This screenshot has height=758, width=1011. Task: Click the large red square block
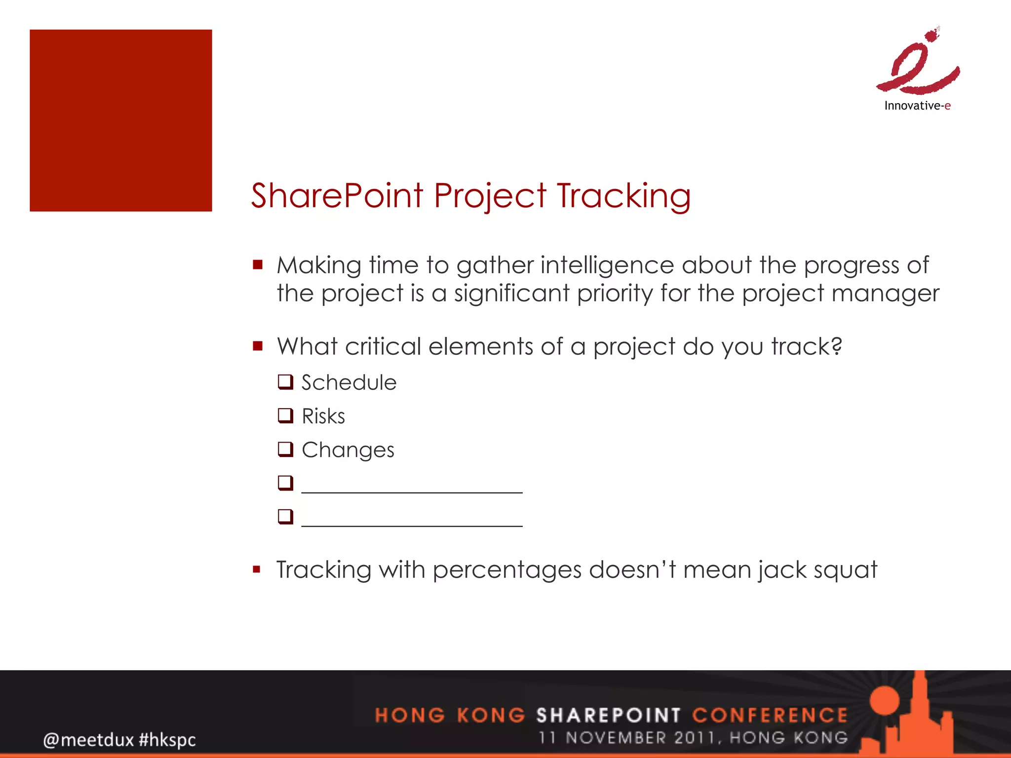(x=120, y=120)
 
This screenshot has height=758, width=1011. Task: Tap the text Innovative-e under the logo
(x=917, y=106)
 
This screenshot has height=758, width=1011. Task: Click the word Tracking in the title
(x=623, y=196)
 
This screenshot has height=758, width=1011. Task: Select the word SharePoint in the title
(x=337, y=196)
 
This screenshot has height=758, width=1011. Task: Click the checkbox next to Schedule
(x=285, y=382)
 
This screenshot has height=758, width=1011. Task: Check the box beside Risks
(x=285, y=416)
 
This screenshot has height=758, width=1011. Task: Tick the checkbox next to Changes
(x=285, y=449)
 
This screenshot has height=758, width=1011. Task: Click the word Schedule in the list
(x=349, y=382)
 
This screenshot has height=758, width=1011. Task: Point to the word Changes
(x=348, y=450)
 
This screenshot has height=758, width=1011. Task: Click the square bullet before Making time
(x=257, y=265)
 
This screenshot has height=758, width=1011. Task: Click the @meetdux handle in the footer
(x=88, y=740)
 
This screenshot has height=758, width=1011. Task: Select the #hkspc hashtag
(x=167, y=740)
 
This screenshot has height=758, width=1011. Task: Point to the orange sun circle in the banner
(x=885, y=700)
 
